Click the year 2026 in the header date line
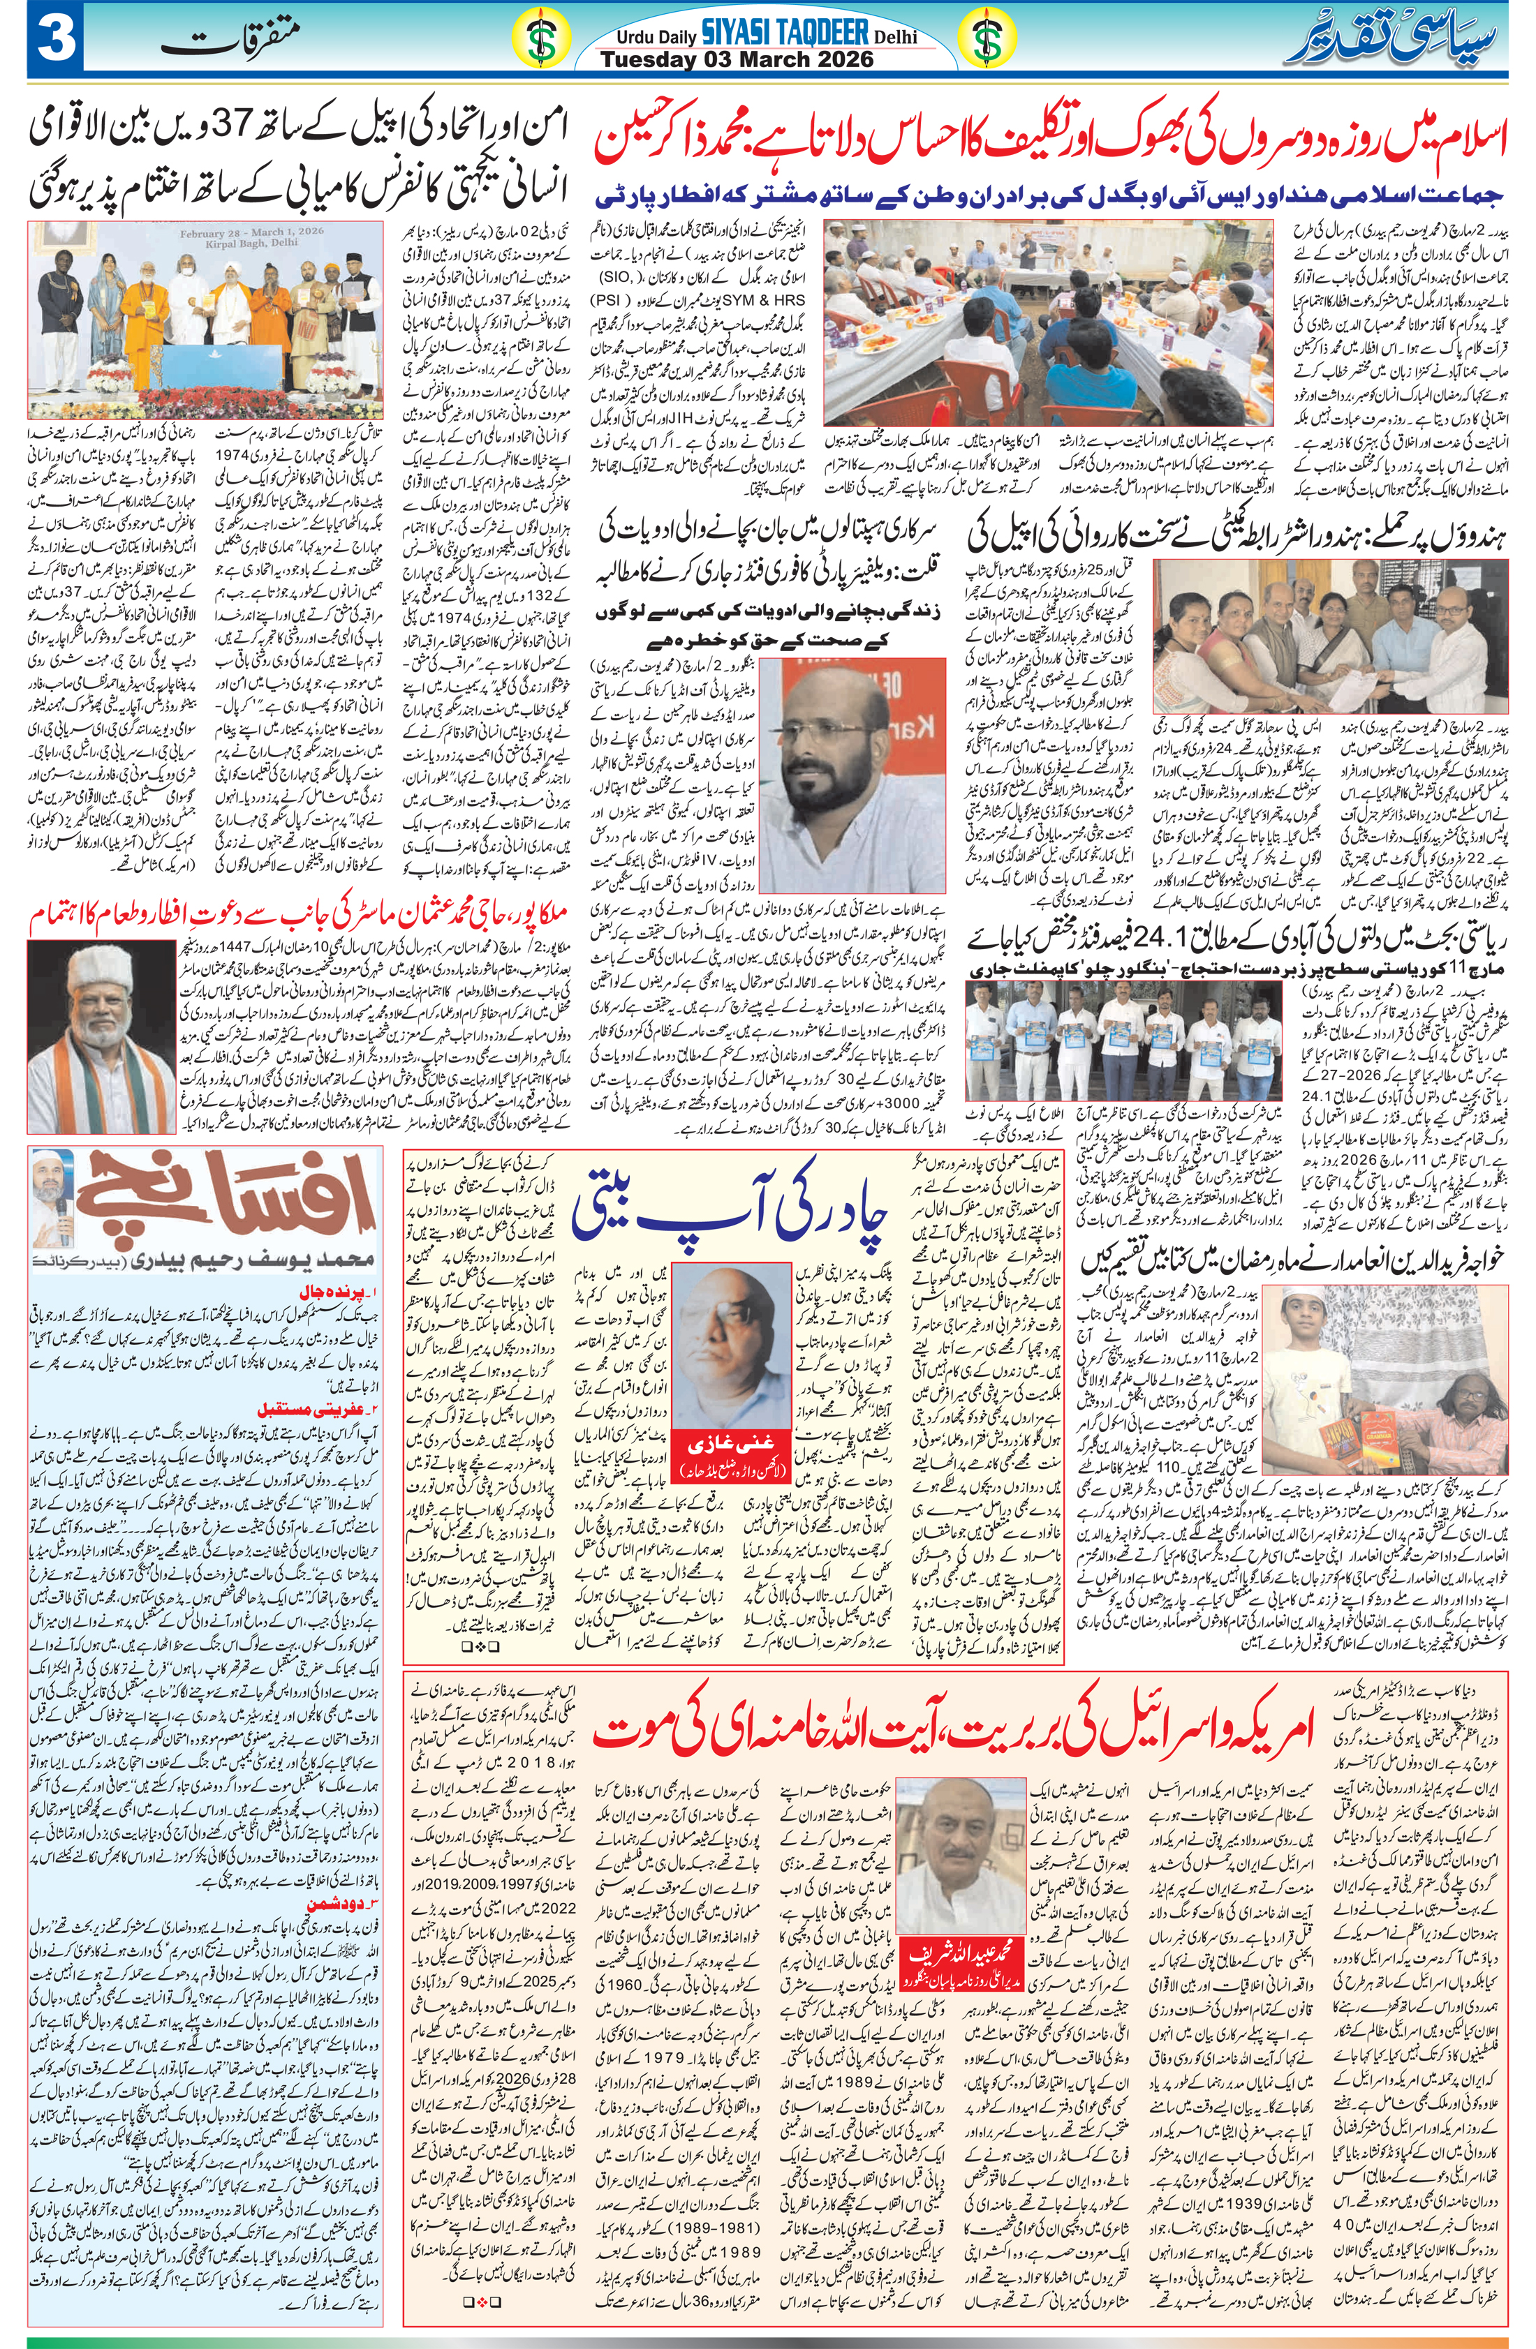(x=840, y=60)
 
